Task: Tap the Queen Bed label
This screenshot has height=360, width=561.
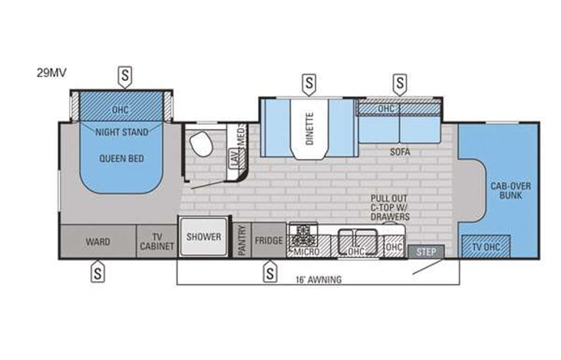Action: pos(122,159)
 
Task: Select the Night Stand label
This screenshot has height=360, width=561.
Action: pos(122,132)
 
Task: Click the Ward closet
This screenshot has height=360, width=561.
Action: pos(97,242)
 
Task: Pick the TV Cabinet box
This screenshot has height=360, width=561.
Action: pos(157,242)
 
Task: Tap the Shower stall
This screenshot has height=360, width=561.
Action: pos(203,237)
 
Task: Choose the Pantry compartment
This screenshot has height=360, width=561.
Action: pos(242,240)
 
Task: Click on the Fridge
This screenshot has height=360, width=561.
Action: pos(269,240)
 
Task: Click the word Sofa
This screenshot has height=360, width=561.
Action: pos(399,152)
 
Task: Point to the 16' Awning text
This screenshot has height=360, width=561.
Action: pos(320,279)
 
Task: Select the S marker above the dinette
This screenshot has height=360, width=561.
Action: pos(309,81)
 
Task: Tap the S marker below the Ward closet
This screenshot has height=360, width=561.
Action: pos(97,270)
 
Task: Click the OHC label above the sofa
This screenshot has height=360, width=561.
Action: pos(385,109)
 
